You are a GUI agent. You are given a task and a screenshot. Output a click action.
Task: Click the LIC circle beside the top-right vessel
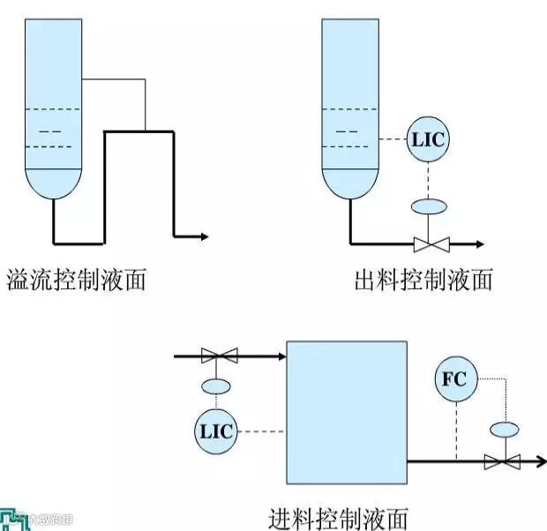coord(428,140)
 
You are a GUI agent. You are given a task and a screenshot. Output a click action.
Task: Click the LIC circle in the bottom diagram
coord(216,431)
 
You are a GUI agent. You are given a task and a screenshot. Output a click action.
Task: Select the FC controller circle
coord(456,381)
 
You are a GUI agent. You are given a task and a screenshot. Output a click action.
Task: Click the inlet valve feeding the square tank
coord(219,356)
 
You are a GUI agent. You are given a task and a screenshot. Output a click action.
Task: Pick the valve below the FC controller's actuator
coord(503,460)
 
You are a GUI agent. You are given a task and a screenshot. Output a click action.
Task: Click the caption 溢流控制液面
coord(76,280)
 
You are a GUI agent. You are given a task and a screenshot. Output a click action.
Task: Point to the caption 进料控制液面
coord(339,517)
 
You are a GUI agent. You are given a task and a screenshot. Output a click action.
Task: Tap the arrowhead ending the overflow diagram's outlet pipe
coord(204,236)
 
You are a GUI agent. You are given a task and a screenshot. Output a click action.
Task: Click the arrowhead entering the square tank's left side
coord(281,356)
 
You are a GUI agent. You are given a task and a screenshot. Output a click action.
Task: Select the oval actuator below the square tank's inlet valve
coord(216,385)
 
